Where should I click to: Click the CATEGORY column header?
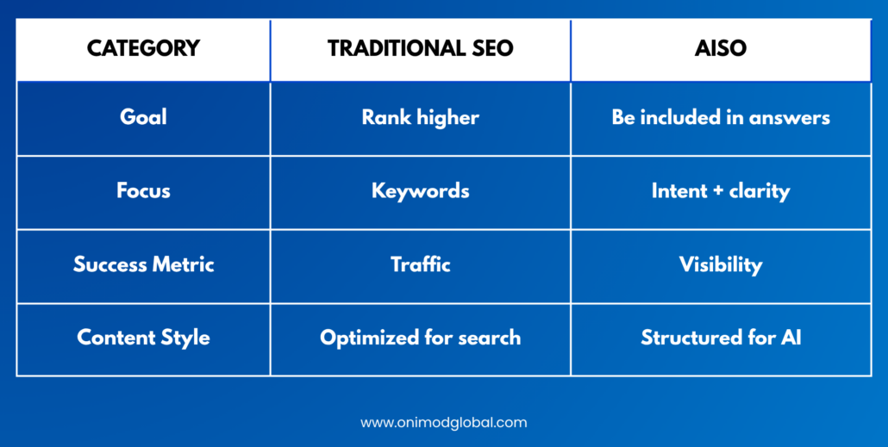[143, 48]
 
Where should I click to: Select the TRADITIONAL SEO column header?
[420, 48]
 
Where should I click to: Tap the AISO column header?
[721, 48]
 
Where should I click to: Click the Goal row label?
[143, 117]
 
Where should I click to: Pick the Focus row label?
[143, 190]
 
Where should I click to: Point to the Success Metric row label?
[143, 264]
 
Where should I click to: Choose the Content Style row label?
[143, 338]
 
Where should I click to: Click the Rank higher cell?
[420, 118]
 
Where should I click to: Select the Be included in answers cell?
[721, 117]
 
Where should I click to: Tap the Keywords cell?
[420, 191]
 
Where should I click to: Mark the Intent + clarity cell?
[721, 191]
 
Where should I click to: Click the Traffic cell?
[420, 264]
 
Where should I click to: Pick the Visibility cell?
[721, 264]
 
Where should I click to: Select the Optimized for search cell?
[420, 338]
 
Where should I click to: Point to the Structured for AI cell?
[721, 338]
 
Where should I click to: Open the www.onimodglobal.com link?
[443, 423]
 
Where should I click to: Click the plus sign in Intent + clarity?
[718, 191]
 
